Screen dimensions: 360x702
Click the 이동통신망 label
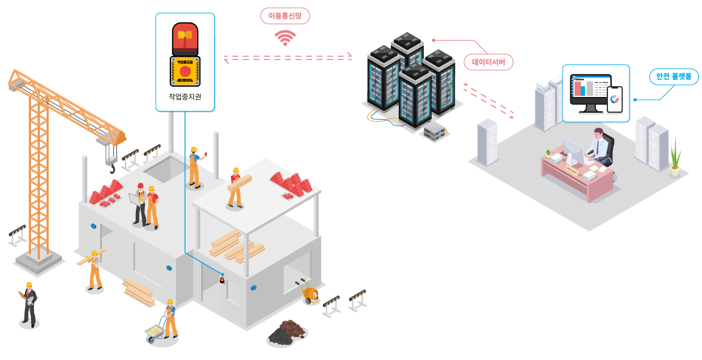(x=285, y=16)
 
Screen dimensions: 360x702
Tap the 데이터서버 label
(x=489, y=62)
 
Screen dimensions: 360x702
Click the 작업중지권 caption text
(x=185, y=98)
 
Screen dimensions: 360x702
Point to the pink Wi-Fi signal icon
(x=285, y=38)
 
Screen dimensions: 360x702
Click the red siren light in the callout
(x=185, y=38)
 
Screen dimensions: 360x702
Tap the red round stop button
(x=185, y=72)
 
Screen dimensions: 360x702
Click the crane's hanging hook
(x=112, y=167)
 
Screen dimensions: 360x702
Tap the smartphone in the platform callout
(x=615, y=99)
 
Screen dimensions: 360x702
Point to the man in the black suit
(x=29, y=303)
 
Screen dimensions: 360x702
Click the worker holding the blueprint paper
(x=140, y=203)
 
